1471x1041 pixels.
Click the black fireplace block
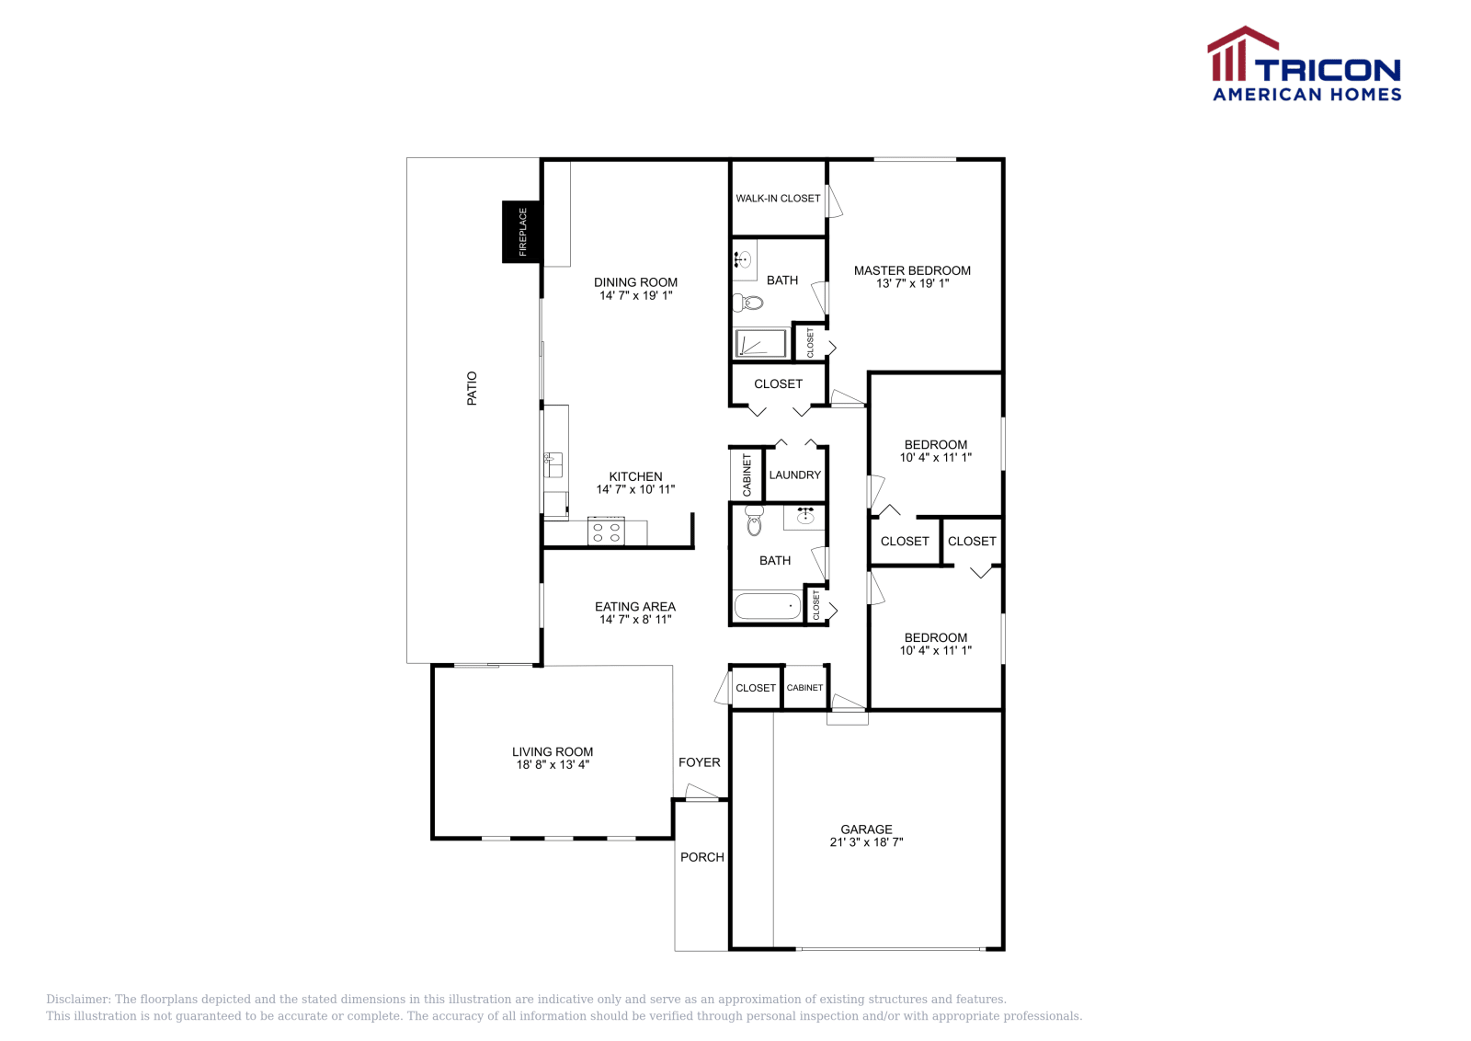[x=521, y=232]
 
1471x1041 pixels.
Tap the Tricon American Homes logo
[x=1305, y=64]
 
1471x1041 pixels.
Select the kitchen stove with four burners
[x=606, y=532]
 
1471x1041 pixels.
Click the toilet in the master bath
[x=750, y=302]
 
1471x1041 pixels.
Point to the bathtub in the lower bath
[x=767, y=606]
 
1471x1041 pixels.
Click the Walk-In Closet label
[x=778, y=199]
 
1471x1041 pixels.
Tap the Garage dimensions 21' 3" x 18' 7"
[x=866, y=842]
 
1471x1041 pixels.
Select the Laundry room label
[x=794, y=475]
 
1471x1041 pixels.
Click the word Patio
[x=472, y=388]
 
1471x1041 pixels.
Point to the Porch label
[x=701, y=857]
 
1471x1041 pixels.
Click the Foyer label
[x=699, y=762]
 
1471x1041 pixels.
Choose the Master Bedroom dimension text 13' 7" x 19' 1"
[x=912, y=284]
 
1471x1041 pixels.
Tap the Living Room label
[x=553, y=752]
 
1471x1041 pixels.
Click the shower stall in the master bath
[x=760, y=344]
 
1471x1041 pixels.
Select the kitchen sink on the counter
[x=553, y=464]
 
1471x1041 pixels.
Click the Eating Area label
[x=634, y=607]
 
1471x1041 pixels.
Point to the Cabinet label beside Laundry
[x=747, y=475]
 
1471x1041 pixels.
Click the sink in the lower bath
[x=805, y=517]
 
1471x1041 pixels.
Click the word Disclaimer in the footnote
[x=78, y=1000]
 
